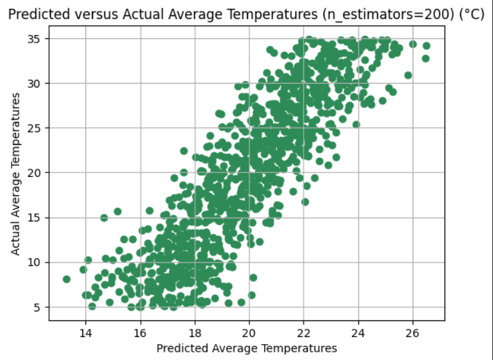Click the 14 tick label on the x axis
[x=85, y=333]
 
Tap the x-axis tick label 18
[x=195, y=333]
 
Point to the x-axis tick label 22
[x=304, y=333]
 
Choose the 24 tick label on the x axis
[x=358, y=333]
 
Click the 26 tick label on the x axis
[x=413, y=333]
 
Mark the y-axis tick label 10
[x=35, y=262]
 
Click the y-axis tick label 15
[x=35, y=218]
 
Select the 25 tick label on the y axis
[x=35, y=128]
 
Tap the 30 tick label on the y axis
[x=35, y=83]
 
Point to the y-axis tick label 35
[x=35, y=38]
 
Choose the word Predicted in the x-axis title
[x=182, y=349]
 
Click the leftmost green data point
[x=66, y=279]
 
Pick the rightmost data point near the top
[x=426, y=45]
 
